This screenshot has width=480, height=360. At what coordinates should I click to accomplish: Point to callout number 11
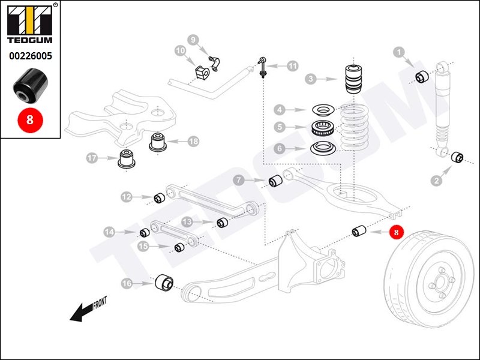click(292, 66)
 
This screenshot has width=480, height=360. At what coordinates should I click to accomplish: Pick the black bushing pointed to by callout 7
click(275, 180)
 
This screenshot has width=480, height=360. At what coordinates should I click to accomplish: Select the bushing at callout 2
click(457, 157)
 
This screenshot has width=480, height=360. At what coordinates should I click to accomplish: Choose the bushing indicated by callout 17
click(127, 160)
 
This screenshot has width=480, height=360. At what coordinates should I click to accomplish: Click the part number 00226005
click(30, 57)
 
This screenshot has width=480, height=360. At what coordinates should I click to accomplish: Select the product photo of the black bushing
click(30, 86)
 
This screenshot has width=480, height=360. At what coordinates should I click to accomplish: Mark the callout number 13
click(187, 222)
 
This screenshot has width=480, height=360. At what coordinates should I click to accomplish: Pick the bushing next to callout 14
click(145, 233)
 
